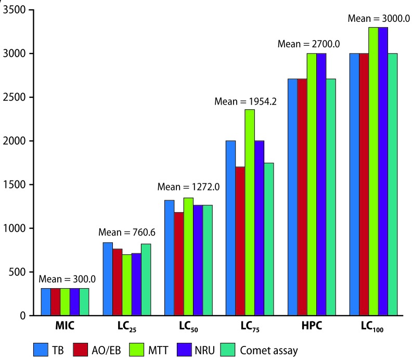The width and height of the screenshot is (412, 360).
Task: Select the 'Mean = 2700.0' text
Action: [309, 44]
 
